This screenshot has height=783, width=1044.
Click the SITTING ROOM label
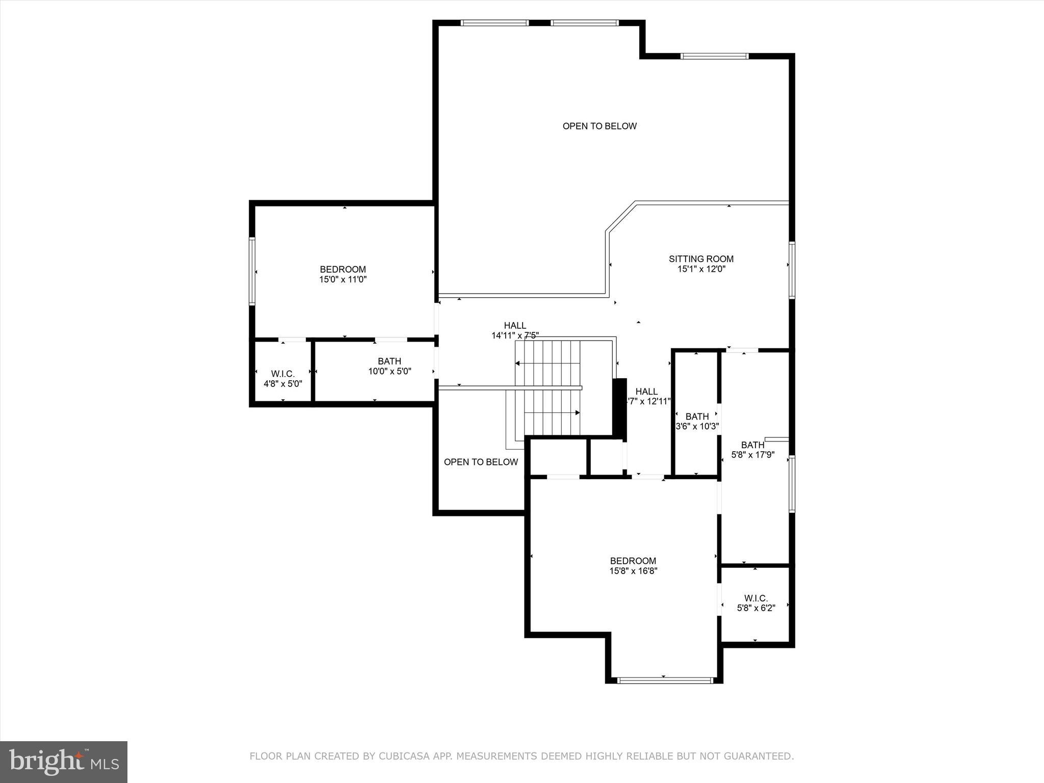[701, 259]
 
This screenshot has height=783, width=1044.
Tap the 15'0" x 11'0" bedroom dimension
[343, 279]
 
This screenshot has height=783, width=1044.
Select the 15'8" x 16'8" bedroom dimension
[633, 571]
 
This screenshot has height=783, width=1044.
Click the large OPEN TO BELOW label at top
[599, 126]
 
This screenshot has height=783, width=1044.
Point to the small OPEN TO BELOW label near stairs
[481, 462]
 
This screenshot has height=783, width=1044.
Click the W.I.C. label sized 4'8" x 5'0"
[282, 374]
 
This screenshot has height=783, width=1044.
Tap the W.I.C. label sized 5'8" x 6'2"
[755, 598]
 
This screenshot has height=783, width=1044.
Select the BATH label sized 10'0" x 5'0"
[389, 361]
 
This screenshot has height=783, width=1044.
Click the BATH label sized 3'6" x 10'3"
[697, 416]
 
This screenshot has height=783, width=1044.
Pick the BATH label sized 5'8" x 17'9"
[752, 445]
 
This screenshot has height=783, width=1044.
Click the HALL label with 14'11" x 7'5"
[515, 326]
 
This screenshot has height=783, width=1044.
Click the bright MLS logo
[64, 762]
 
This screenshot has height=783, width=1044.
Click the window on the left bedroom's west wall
[252, 271]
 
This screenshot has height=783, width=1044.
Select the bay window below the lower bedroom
[664, 680]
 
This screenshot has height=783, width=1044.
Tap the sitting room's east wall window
[792, 270]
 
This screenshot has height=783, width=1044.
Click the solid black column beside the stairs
[619, 408]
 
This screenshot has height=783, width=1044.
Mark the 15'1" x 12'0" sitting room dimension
[701, 269]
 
